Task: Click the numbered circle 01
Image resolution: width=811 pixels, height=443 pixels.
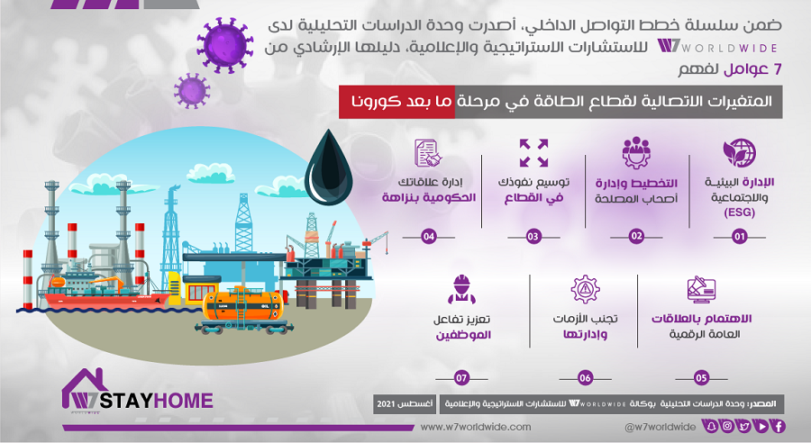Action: click(740, 237)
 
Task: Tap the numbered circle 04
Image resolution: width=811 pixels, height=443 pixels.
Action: click(429, 237)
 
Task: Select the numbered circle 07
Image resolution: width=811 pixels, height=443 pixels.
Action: click(461, 378)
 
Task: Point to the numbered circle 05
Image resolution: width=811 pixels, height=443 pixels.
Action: click(701, 378)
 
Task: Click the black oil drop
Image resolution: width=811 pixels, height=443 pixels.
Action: click(328, 168)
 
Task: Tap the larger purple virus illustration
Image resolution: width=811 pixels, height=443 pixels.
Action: click(225, 44)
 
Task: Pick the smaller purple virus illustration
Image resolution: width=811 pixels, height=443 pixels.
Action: click(192, 90)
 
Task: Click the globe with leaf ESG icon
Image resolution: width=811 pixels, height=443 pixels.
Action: click(740, 152)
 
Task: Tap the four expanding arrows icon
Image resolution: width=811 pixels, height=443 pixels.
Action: click(533, 152)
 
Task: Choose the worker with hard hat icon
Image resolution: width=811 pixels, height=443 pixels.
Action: click(461, 289)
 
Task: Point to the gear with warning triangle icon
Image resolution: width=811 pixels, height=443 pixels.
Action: click(585, 289)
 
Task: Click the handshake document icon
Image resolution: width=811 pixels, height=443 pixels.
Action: click(428, 152)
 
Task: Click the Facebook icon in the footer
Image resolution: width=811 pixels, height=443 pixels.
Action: click(779, 427)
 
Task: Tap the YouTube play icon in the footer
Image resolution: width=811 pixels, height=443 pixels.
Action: click(761, 427)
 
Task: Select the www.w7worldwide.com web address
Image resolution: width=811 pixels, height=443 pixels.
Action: click(475, 427)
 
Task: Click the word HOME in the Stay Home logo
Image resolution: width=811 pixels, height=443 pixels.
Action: click(184, 401)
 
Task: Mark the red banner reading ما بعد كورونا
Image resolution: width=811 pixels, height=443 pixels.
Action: click(396, 102)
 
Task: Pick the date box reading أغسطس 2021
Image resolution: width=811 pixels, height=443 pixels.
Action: click(405, 403)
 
